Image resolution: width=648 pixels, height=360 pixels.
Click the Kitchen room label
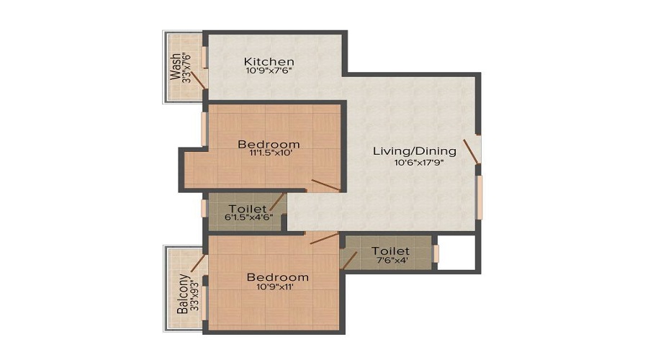269,61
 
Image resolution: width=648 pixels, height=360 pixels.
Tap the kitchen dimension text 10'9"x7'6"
269,71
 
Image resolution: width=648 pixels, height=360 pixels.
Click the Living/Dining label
415,151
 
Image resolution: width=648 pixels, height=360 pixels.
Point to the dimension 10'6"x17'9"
418,163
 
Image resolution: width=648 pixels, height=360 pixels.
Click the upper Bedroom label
269,144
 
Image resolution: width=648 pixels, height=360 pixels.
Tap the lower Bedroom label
278,277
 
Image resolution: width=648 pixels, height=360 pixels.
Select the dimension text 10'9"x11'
275,287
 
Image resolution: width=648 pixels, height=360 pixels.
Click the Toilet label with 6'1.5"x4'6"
248,209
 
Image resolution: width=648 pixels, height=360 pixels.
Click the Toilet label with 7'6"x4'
390,251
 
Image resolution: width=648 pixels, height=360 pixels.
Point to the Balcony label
183,294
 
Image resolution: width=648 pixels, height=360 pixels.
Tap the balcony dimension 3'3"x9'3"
195,295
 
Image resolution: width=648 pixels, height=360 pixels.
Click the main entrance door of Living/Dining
471,152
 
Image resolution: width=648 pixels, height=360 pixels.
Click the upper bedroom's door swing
325,186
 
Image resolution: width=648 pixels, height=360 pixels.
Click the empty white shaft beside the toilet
456,253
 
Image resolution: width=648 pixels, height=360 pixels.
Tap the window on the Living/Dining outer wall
479,197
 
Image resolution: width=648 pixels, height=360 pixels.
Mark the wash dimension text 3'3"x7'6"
187,67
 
